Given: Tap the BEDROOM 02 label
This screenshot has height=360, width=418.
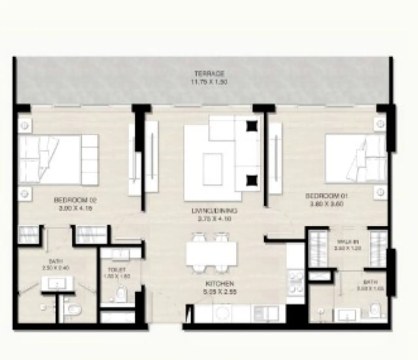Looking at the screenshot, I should click(76, 200).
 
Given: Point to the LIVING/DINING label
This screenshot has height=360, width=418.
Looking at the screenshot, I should click(214, 211).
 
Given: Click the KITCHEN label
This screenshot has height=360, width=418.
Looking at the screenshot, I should click(219, 283).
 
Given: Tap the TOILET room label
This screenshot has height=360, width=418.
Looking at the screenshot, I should click(117, 270).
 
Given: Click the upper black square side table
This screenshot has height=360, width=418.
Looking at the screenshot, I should click(252, 125).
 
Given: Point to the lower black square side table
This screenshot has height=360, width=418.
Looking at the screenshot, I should click(252, 179).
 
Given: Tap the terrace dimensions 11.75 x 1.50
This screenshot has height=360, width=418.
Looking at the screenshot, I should click(209, 82).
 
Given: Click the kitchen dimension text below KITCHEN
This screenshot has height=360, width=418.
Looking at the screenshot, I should click(219, 291).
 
